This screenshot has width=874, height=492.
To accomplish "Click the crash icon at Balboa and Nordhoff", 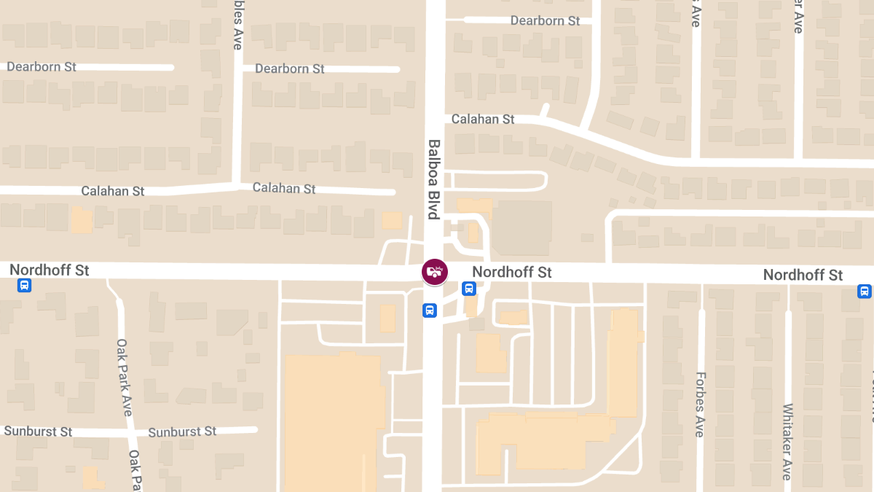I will [435, 272].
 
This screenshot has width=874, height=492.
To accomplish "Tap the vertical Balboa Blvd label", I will [434, 179].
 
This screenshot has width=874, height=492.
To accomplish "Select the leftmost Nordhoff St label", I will [50, 270].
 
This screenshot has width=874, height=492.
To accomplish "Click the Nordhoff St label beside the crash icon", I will [512, 272].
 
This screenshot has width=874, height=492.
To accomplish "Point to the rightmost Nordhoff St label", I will [803, 275].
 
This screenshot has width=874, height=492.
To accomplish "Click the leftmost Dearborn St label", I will [42, 67].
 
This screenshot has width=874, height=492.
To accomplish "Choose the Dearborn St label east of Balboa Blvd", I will [545, 20].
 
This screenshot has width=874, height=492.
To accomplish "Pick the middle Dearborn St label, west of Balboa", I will [290, 69].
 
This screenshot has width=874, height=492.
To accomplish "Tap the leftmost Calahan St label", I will [113, 191].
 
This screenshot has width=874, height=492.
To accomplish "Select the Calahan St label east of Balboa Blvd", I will [483, 119].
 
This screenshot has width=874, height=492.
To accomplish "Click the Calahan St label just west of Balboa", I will [284, 188].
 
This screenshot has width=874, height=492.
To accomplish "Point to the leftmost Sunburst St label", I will [38, 431].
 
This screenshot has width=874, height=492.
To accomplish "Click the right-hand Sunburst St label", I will [182, 432].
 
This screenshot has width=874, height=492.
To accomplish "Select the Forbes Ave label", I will [699, 405].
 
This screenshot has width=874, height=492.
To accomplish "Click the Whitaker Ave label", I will [787, 441].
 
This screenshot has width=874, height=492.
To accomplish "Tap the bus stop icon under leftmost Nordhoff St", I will [24, 286].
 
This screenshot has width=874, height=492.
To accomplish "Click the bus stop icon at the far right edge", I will [865, 292].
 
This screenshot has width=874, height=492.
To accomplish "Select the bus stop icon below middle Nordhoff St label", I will [469, 289].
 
